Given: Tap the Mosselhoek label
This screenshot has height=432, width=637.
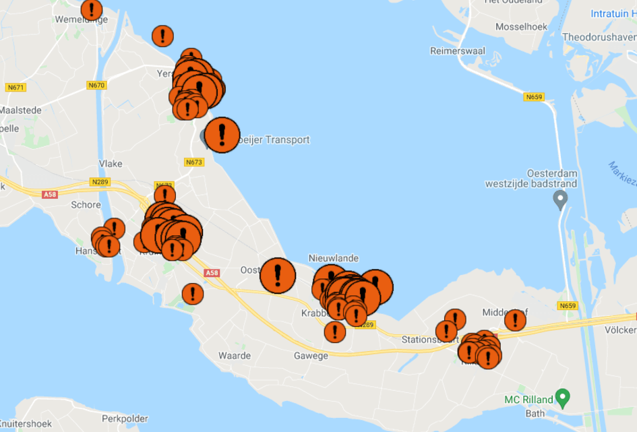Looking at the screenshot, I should pyautogui.click(x=520, y=27).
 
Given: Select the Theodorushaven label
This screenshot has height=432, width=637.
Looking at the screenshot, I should pyautogui.click(x=599, y=37).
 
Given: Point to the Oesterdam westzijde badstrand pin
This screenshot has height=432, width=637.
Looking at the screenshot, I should pyautogui.click(x=559, y=199).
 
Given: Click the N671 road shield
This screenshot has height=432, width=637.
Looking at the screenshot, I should pyautogui.click(x=15, y=88).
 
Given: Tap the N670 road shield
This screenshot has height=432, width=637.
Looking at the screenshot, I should pyautogui.click(x=96, y=86).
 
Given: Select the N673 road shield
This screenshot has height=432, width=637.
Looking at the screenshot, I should pyautogui.click(x=193, y=162).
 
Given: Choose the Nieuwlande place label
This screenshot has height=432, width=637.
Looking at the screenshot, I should pyautogui.click(x=334, y=258).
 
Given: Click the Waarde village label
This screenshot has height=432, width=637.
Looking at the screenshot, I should pyautogui.click(x=235, y=355).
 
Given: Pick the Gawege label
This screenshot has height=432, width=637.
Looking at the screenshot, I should pyautogui.click(x=311, y=355).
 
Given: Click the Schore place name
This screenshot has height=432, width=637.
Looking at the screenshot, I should pyautogui.click(x=86, y=205).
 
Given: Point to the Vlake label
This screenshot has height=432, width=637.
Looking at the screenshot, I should pyautogui.click(x=111, y=164).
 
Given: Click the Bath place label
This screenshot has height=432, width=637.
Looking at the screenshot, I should pyautogui.click(x=535, y=413).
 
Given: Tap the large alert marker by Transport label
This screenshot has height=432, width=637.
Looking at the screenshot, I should pyautogui.click(x=222, y=135).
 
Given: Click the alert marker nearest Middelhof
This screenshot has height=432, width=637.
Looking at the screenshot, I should pyautogui.click(x=515, y=319).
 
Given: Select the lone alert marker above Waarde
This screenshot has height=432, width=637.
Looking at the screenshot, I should pyautogui.click(x=193, y=293).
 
